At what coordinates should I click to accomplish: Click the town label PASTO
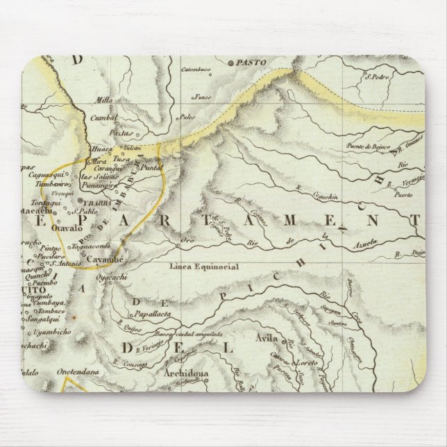click(x=252, y=62)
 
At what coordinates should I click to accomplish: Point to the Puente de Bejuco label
click(x=366, y=146)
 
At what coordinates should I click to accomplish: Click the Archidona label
click(x=187, y=373)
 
